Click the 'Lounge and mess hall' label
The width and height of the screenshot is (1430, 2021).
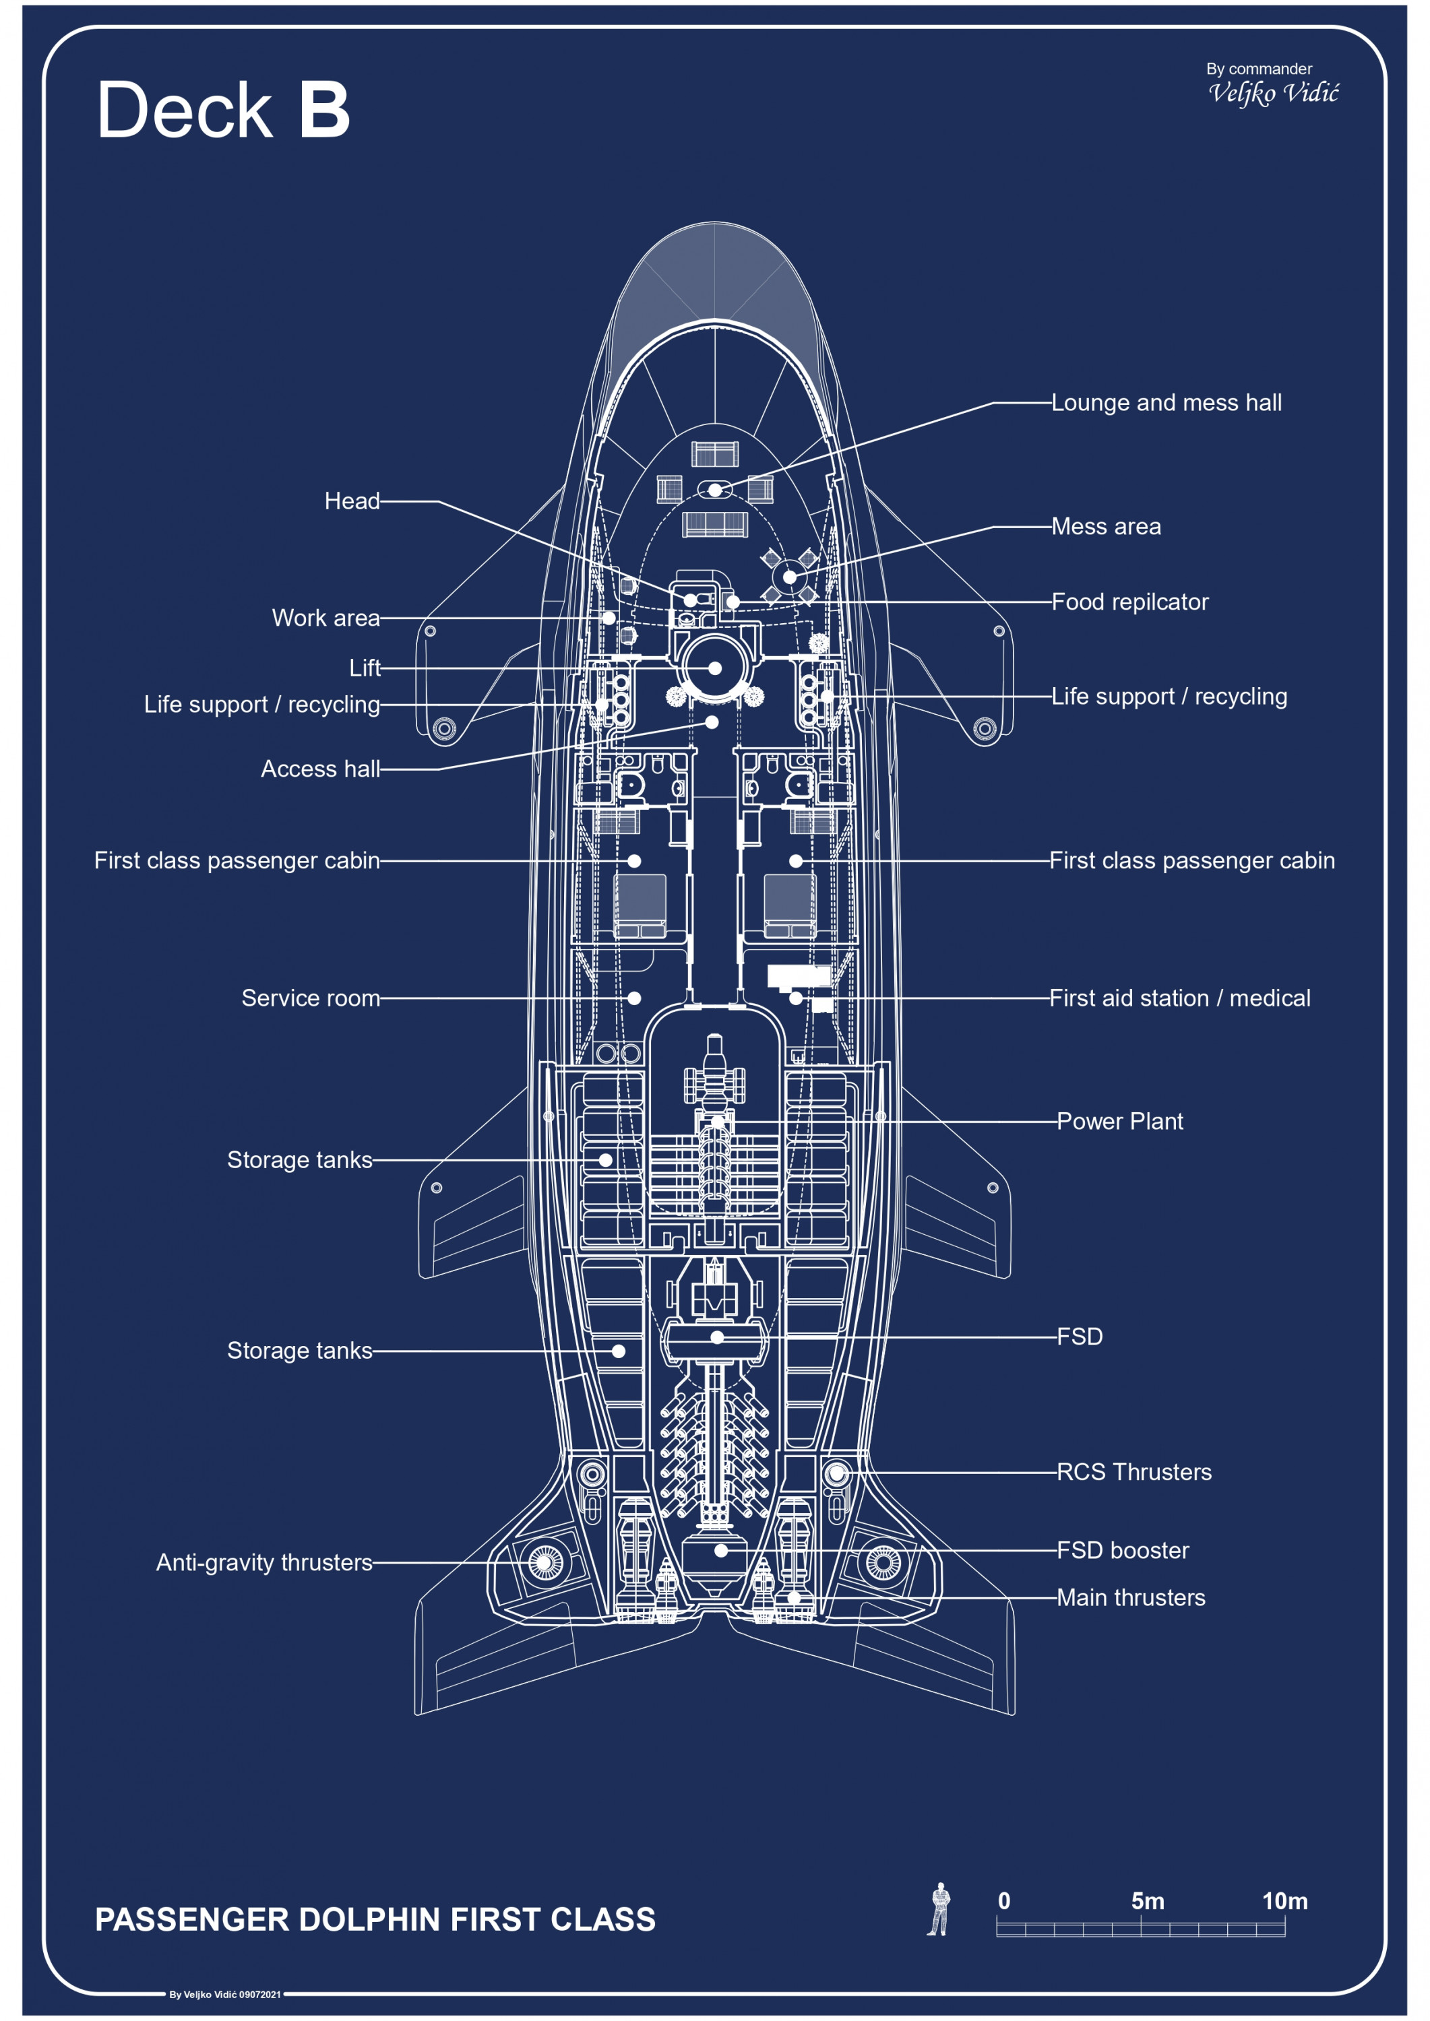(1166, 403)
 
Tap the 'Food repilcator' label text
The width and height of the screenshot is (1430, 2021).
(1129, 602)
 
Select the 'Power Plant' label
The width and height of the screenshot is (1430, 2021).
(1119, 1122)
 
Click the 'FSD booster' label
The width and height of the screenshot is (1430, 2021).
(1123, 1550)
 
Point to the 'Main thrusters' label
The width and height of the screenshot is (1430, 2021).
(1131, 1598)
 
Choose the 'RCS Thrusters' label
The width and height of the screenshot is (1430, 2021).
(1134, 1472)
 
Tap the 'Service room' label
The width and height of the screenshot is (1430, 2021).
(311, 998)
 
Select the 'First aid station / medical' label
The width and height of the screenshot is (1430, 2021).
(1179, 998)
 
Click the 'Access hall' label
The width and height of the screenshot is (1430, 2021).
(321, 769)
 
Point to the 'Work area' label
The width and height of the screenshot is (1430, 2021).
(325, 618)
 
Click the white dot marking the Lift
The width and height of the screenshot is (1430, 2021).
(715, 668)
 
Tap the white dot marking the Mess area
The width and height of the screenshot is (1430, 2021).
(790, 577)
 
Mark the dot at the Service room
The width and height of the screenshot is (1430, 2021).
(634, 998)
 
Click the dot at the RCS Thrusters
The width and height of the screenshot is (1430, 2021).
(836, 1473)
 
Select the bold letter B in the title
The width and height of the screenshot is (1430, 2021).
(324, 110)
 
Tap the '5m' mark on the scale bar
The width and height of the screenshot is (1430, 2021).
(1148, 1901)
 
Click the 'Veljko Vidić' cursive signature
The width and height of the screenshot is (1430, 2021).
(1273, 92)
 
